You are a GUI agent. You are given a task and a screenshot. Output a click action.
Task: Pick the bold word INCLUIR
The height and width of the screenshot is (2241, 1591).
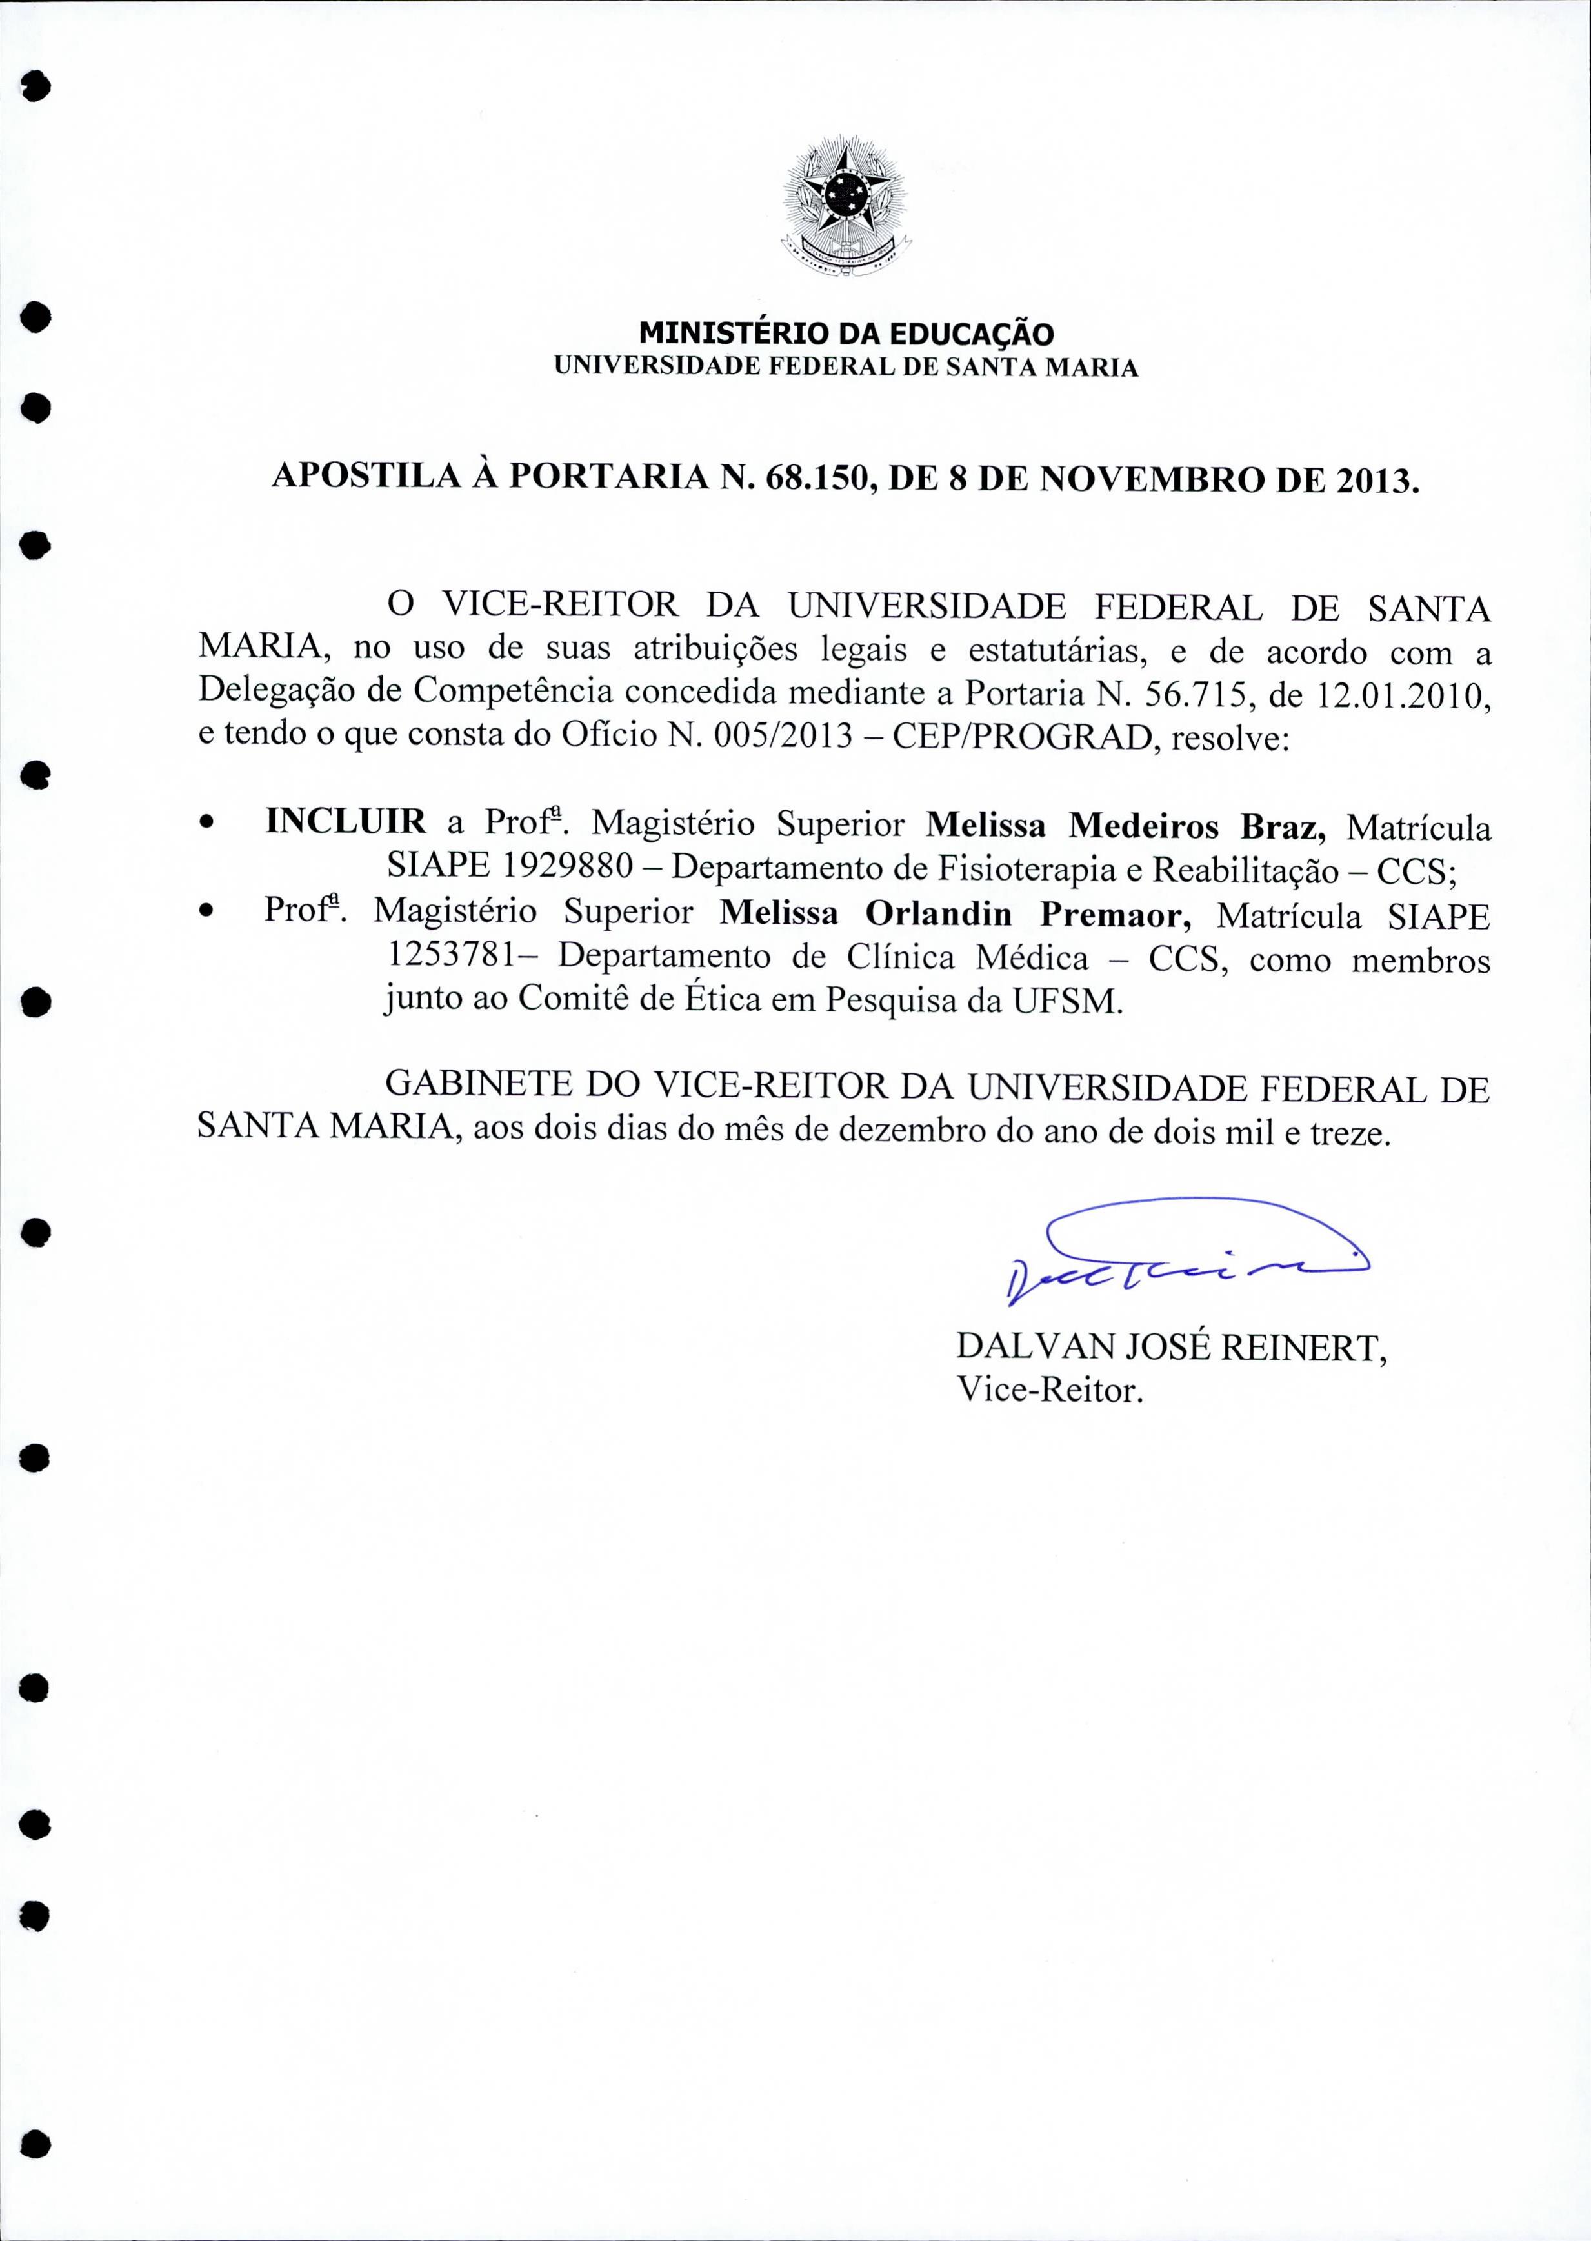click(345, 821)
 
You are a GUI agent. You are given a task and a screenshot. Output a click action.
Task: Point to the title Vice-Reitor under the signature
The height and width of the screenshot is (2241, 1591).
click(1050, 1390)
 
